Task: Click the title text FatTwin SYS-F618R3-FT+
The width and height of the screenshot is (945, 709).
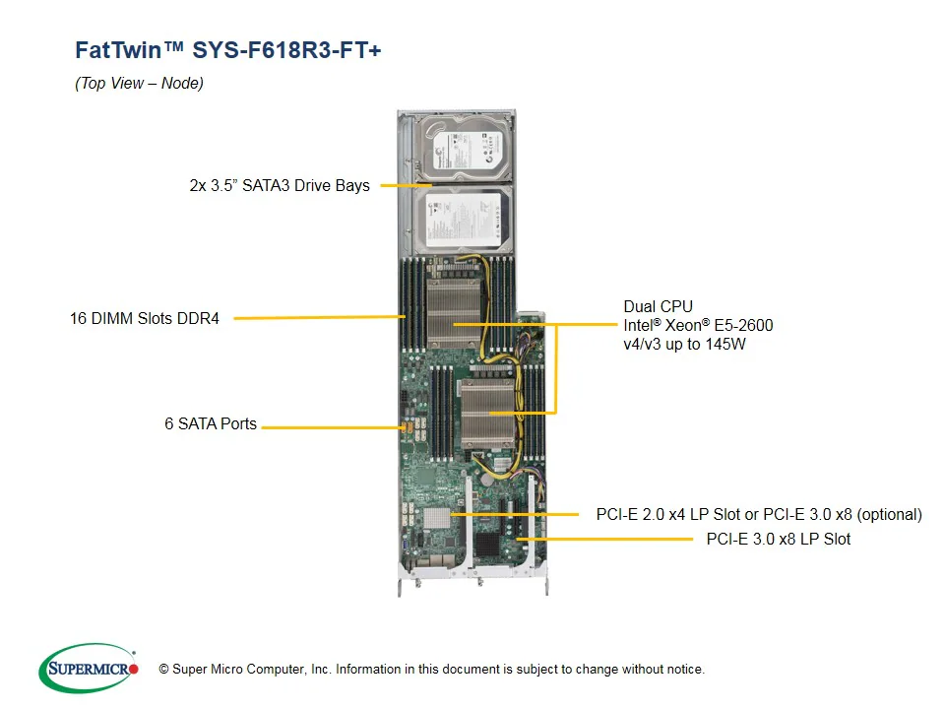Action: [x=227, y=50]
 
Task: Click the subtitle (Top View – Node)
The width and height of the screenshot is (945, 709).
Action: [x=139, y=84]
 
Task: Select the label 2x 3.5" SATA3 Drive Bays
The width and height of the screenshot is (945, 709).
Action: [x=280, y=185]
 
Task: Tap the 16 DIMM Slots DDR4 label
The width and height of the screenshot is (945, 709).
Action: [x=145, y=319]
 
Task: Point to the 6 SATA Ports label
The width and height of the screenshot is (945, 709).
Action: [x=211, y=424]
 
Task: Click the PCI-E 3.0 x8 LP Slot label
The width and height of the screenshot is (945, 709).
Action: [x=778, y=539]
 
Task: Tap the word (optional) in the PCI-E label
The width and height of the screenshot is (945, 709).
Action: [x=890, y=514]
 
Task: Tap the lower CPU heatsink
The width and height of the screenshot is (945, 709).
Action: [x=489, y=413]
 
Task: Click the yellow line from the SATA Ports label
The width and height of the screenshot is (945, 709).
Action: [x=330, y=427]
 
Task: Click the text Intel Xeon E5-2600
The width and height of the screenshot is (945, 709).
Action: [x=698, y=325]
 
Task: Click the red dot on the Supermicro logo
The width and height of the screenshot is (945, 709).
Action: [x=134, y=670]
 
